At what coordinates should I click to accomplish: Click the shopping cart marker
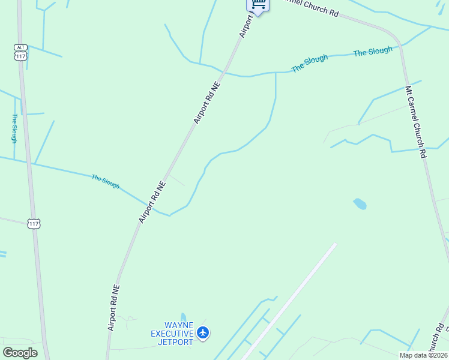click(258, 5)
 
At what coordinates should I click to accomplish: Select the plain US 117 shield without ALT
click(34, 223)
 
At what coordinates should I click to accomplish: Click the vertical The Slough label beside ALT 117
click(14, 128)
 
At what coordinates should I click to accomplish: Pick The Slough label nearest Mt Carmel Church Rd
click(372, 52)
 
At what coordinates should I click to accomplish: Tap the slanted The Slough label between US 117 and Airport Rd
click(105, 181)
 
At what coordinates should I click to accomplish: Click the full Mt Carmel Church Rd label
click(415, 122)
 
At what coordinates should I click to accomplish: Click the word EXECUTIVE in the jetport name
click(172, 334)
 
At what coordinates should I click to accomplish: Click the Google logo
click(20, 353)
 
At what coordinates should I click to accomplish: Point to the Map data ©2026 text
click(423, 355)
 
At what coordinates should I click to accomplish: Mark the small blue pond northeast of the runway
click(360, 204)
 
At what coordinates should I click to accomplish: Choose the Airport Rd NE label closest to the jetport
click(114, 308)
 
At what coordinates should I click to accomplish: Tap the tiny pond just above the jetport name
click(184, 317)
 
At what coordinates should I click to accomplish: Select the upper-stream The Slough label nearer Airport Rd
click(310, 64)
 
